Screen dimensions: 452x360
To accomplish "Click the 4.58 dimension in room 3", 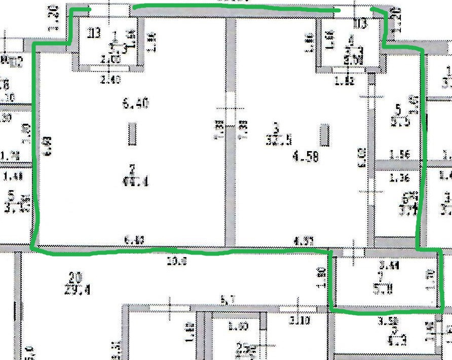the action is click(306, 157).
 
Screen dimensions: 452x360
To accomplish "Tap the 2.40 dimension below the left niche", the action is click(110, 79).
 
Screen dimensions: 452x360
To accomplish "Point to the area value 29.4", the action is click(78, 290).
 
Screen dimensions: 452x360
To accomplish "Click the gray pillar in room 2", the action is click(132, 134).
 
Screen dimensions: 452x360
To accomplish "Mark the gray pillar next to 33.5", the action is click(324, 135).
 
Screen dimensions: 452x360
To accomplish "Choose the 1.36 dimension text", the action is click(398, 178).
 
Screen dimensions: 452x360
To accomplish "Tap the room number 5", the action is click(398, 109).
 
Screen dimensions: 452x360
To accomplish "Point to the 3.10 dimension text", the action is click(299, 320).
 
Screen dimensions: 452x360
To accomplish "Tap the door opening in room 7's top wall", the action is click(353, 252).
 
